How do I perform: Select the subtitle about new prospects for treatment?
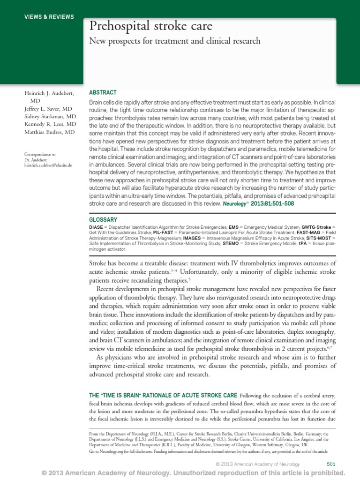[174, 41]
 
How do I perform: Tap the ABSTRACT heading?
[103, 93]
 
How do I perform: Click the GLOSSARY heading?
[103, 219]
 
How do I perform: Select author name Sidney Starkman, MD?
[52, 116]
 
